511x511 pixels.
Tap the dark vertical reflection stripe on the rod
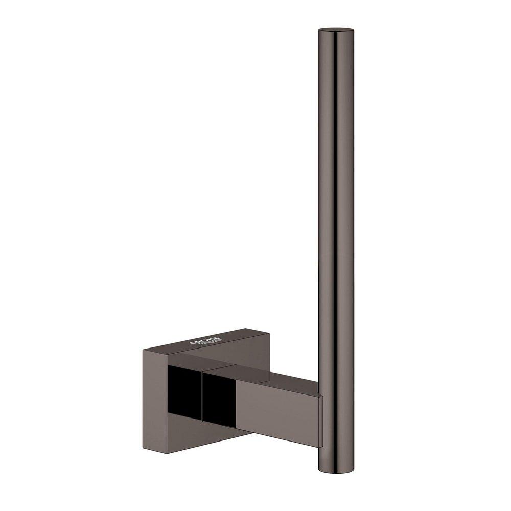click(x=327, y=204)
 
